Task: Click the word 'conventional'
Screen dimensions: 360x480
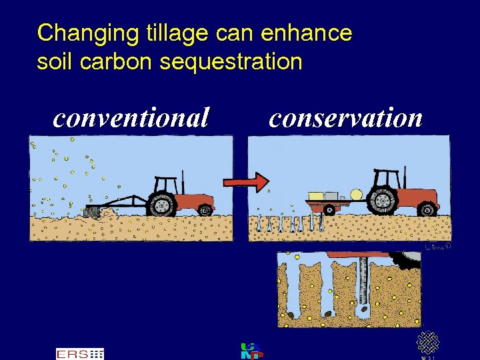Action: [131, 118]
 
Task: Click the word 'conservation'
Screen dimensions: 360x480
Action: [346, 118]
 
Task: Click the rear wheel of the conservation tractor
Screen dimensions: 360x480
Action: [385, 201]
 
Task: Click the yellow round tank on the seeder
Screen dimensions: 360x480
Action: [357, 195]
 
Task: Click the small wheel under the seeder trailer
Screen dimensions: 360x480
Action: [328, 208]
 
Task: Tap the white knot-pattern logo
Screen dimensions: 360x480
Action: [427, 342]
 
